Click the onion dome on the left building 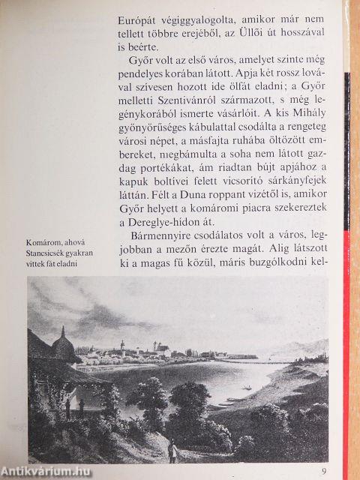pos(63,345)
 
